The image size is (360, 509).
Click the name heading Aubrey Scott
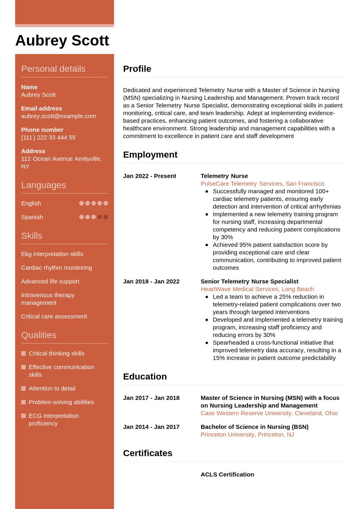pyautogui.click(x=62, y=41)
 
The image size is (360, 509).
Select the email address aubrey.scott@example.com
pyautogui.click(x=58, y=116)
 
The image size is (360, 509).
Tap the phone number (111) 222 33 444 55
pyautogui.click(x=48, y=137)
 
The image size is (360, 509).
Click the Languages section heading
pyautogui.click(x=43, y=185)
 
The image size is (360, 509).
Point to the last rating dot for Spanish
pyautogui.click(x=106, y=217)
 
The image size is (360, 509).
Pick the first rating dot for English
pyautogui.click(x=81, y=203)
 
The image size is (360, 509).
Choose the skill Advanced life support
pyautogui.click(x=50, y=281)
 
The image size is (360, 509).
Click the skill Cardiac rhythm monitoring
pyautogui.click(x=56, y=268)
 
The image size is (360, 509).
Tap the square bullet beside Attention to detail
pyautogui.click(x=23, y=389)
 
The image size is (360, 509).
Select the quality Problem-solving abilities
pyautogui.click(x=61, y=402)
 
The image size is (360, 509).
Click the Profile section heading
pyautogui.click(x=137, y=69)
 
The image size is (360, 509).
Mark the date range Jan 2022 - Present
pyautogui.click(x=150, y=176)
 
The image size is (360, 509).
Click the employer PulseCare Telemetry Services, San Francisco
pyautogui.click(x=262, y=184)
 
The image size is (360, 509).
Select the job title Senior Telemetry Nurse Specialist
pyautogui.click(x=249, y=281)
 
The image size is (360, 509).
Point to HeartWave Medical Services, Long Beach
pyautogui.click(x=257, y=289)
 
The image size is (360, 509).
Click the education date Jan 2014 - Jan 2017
pyautogui.click(x=151, y=427)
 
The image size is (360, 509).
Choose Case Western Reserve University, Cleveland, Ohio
pyautogui.click(x=269, y=413)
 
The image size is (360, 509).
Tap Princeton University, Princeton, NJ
pyautogui.click(x=247, y=434)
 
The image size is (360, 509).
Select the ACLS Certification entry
pyautogui.click(x=227, y=474)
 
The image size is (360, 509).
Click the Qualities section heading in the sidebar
pyautogui.click(x=39, y=335)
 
